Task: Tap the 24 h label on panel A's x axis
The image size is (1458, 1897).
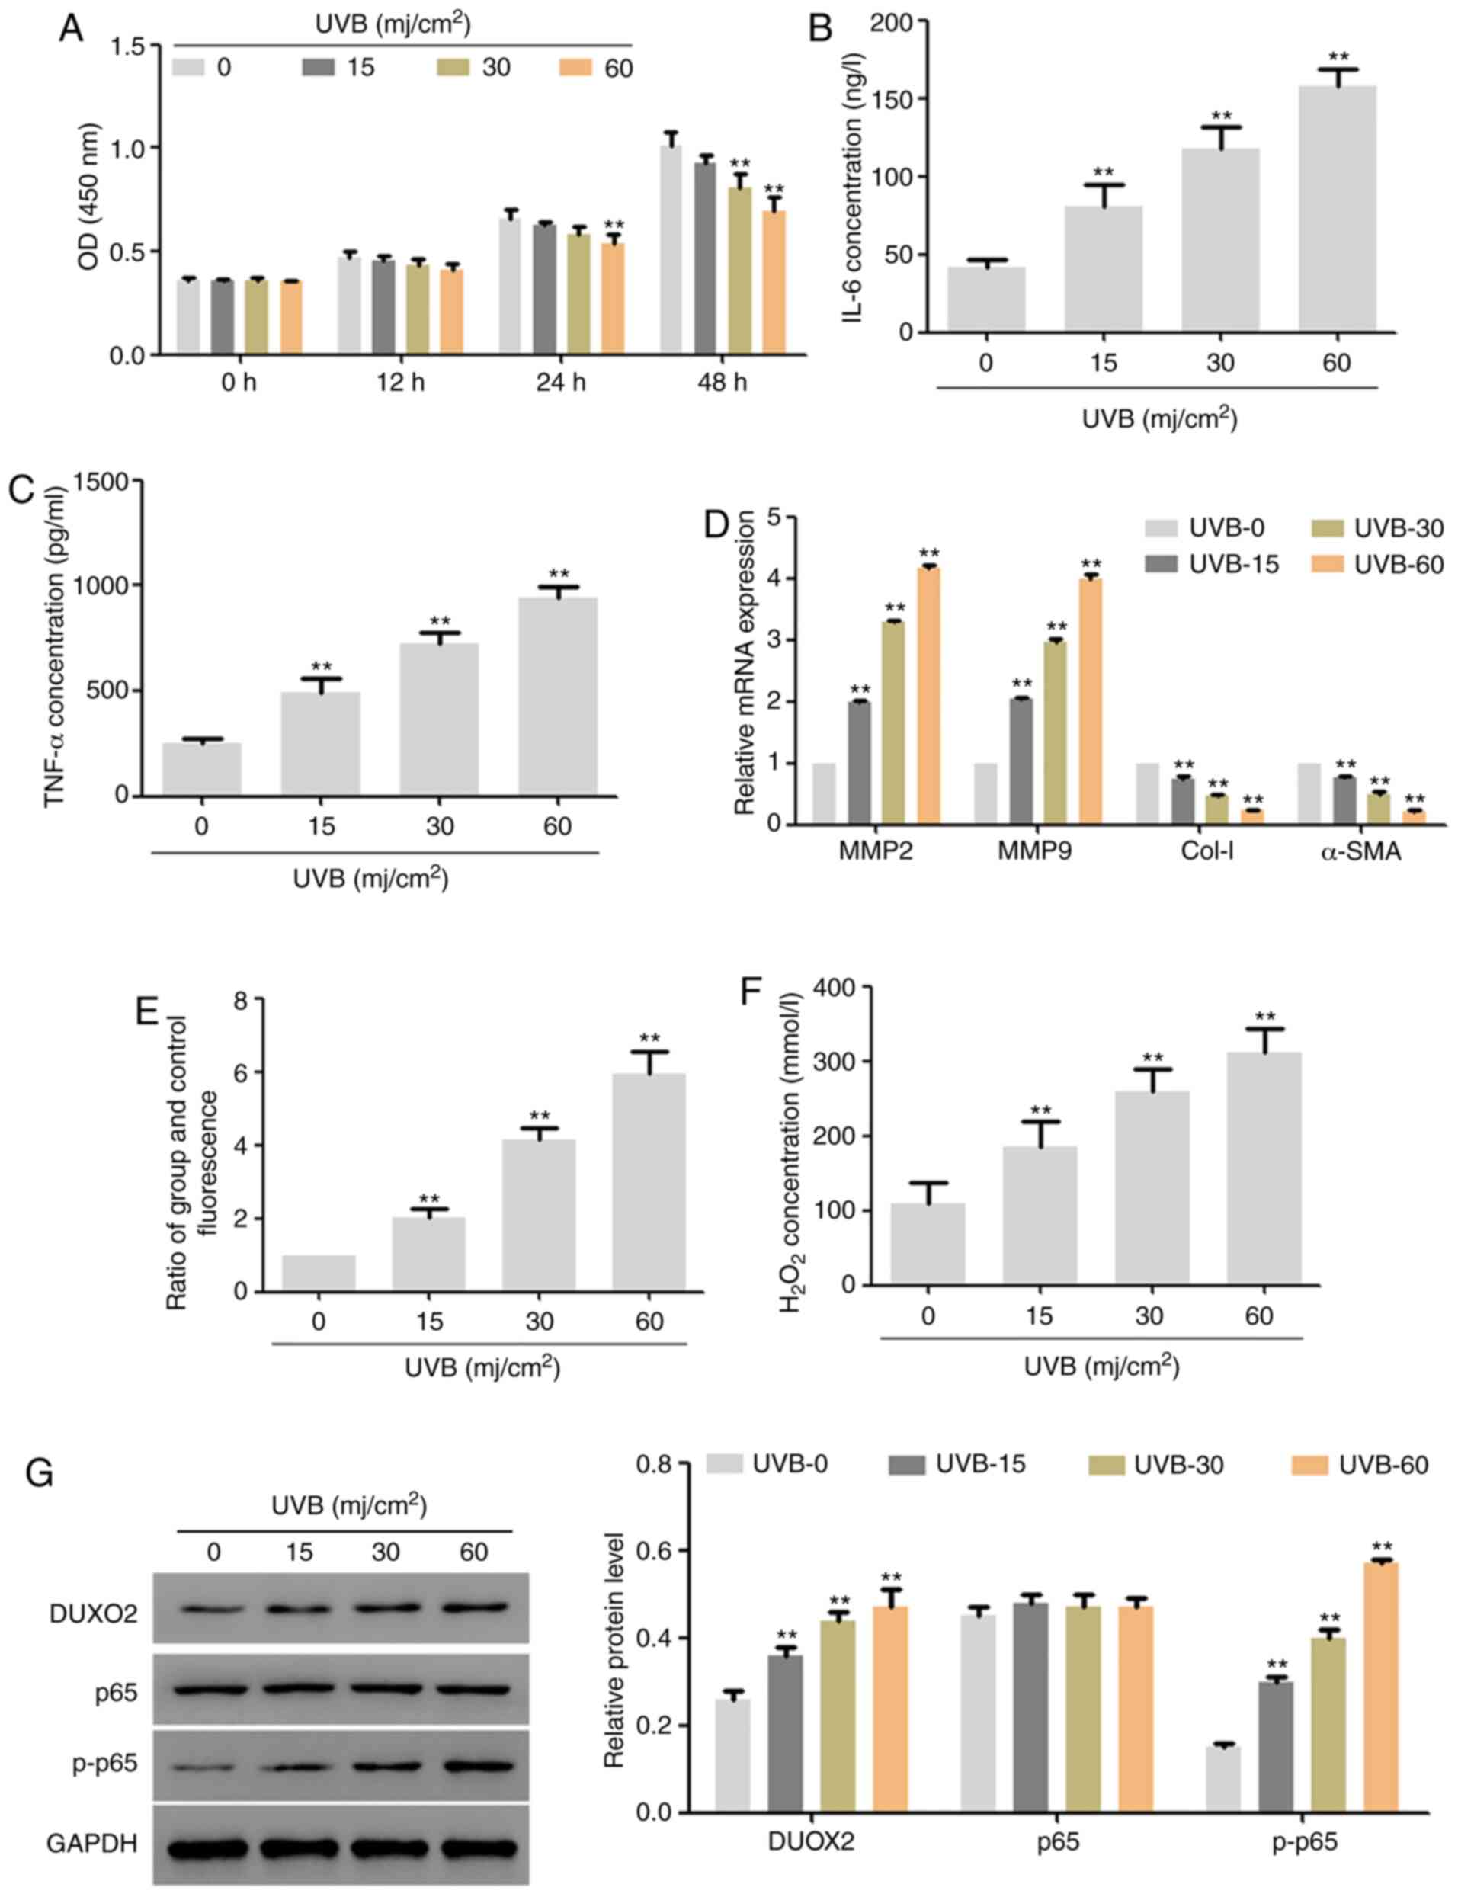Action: [x=559, y=383]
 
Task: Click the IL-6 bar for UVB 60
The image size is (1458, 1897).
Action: [x=1337, y=208]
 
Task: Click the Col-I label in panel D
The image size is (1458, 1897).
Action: [x=1207, y=851]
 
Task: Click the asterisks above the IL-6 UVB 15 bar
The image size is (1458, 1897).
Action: [x=1103, y=171]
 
